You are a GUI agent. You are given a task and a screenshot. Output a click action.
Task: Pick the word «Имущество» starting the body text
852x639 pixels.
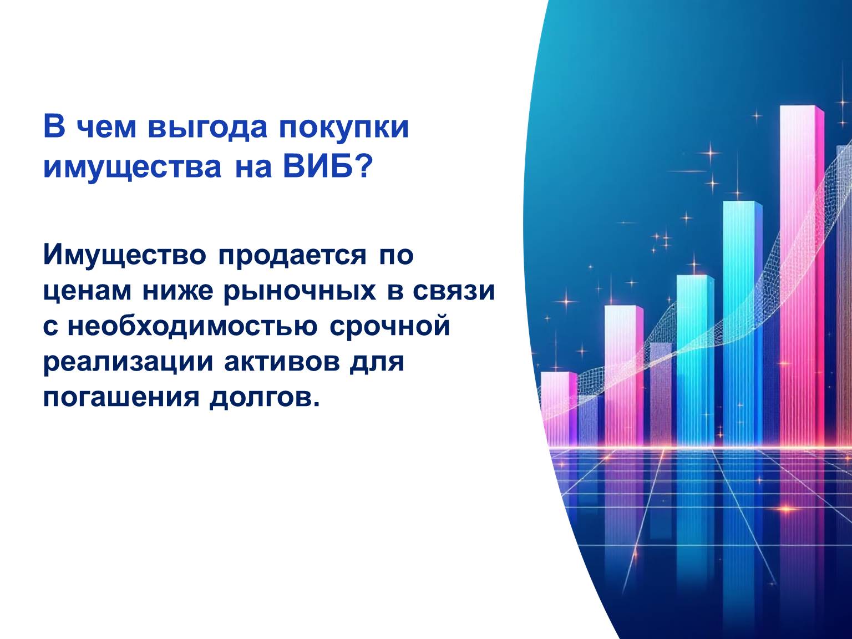[x=125, y=256]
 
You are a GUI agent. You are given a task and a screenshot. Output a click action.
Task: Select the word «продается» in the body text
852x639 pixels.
[x=292, y=256]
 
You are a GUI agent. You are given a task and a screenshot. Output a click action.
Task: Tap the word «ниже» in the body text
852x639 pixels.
[x=177, y=291]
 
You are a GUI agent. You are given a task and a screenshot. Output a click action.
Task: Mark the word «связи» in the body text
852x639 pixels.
[x=454, y=291]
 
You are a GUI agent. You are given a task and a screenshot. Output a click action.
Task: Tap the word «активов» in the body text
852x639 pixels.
[x=282, y=362]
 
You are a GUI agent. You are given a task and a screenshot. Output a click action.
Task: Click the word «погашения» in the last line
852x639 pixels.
[x=121, y=398]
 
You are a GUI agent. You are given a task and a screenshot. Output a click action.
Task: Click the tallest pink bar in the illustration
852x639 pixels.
[x=802, y=276]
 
